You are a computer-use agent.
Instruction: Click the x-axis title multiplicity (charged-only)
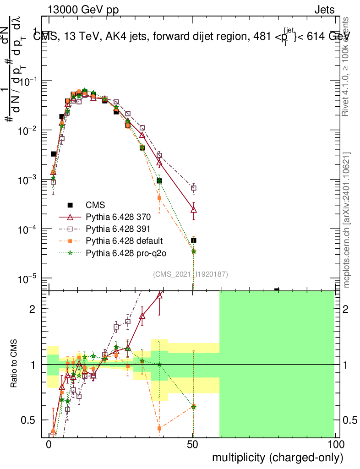point(277,458)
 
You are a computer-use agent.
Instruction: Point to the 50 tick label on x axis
point(193,445)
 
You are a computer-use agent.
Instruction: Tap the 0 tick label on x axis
point(49,445)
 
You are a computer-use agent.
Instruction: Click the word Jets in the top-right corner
point(324,10)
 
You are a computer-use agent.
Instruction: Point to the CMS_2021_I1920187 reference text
point(191,274)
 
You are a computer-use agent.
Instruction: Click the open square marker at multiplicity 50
point(193,188)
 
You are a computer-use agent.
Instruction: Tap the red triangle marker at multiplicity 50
point(193,209)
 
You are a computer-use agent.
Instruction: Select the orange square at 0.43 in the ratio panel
point(159,429)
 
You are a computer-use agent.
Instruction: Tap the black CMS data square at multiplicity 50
point(194,240)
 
